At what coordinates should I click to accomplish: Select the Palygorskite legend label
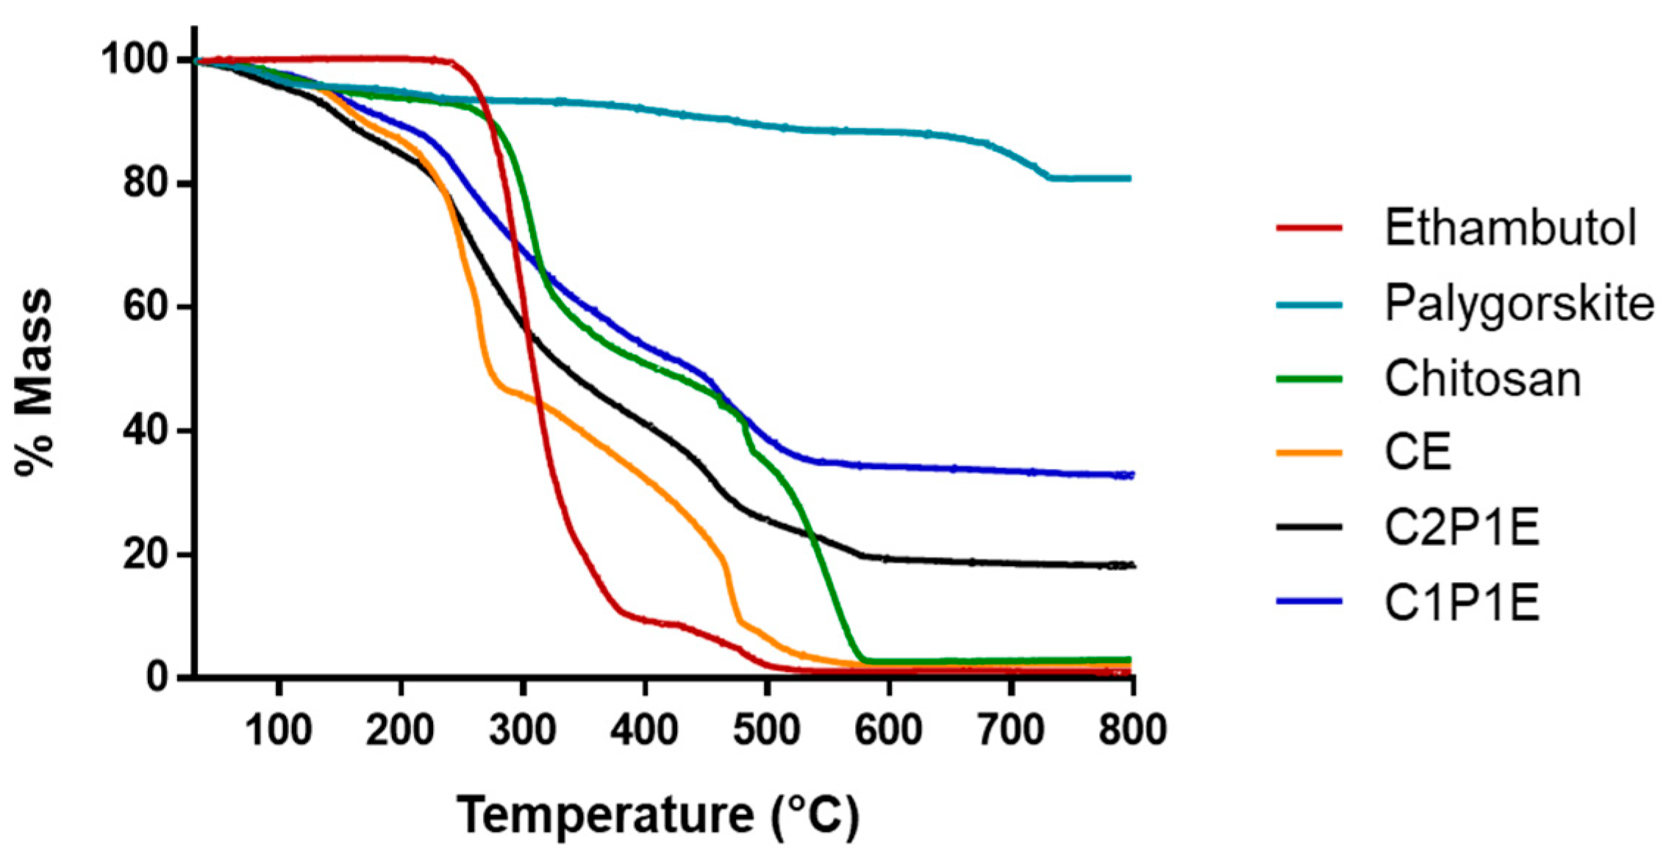point(1519,303)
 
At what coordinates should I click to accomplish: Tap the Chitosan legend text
point(1482,379)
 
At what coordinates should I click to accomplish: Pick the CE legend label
point(1417,452)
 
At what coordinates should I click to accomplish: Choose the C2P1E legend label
point(1462,528)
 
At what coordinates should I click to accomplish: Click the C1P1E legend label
point(1462,603)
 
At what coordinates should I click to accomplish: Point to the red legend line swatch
point(1309,228)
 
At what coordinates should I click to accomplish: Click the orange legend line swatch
point(1309,453)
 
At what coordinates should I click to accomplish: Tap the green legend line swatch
point(1309,379)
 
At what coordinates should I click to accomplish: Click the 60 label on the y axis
point(146,306)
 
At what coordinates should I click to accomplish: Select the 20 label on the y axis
point(146,554)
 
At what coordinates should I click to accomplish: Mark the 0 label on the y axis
point(157,677)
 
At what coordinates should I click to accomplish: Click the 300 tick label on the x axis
point(522,730)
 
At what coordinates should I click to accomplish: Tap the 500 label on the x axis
point(766,730)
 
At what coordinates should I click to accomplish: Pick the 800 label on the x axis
point(1132,730)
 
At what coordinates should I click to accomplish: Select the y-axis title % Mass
point(35,382)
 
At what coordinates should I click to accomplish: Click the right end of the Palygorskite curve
point(1129,178)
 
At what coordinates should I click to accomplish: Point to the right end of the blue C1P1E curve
point(1132,475)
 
